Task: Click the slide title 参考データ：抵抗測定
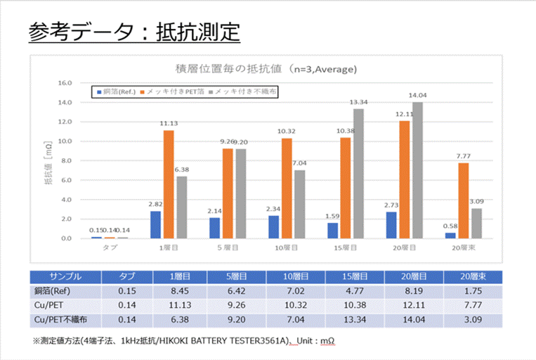click(134, 32)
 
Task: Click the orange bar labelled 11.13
click(169, 184)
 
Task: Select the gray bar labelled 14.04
click(418, 170)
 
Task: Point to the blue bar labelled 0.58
click(450, 236)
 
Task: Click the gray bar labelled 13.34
click(358, 174)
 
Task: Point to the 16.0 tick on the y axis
click(64, 82)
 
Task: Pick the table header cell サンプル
click(66, 276)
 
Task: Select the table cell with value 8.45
click(184, 291)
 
